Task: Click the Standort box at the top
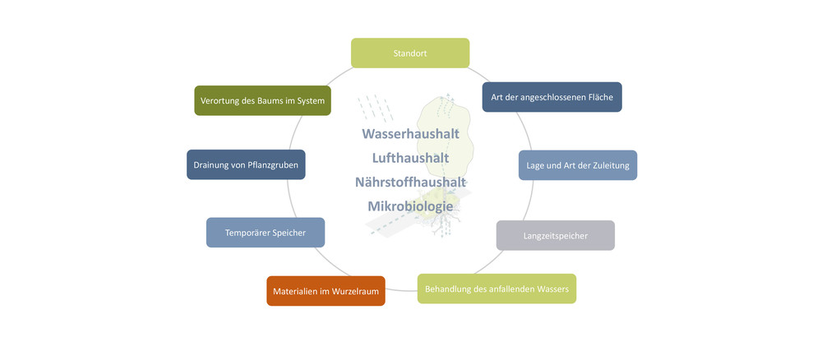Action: [410, 53]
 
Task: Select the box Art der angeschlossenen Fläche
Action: [552, 97]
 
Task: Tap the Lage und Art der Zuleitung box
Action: [578, 165]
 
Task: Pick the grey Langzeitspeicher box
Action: [555, 236]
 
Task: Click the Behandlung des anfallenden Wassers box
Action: [496, 289]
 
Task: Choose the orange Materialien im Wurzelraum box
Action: [326, 291]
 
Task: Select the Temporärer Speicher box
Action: [265, 233]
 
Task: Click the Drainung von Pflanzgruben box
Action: [246, 164]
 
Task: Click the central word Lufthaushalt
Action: [410, 157]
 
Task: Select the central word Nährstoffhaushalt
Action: [410, 182]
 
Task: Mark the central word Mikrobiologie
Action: [410, 205]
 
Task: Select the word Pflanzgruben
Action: [273, 164]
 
